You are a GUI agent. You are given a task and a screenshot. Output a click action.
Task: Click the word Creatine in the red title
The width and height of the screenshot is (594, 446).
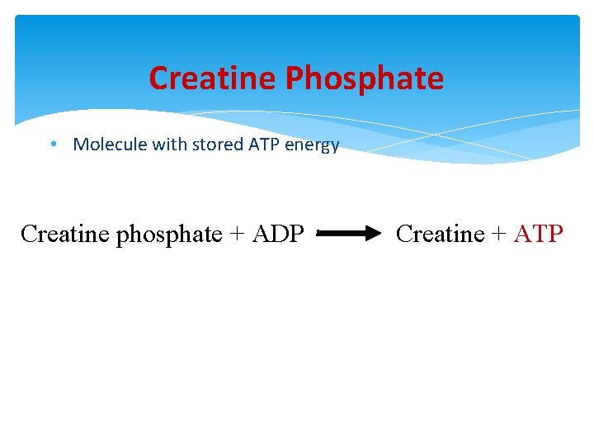pos(214,78)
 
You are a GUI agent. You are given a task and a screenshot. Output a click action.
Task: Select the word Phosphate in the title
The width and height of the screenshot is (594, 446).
pos(365,78)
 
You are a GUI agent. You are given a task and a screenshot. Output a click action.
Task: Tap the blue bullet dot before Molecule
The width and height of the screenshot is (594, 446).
pos(52,144)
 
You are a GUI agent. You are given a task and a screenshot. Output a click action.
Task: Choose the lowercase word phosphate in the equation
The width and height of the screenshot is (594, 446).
pos(169,235)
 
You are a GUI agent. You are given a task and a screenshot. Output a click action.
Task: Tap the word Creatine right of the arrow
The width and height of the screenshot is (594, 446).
pos(440,235)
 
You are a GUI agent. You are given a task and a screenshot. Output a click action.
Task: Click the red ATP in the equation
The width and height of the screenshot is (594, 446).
pos(538,235)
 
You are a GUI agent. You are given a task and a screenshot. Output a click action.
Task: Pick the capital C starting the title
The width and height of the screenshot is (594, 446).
pos(158,78)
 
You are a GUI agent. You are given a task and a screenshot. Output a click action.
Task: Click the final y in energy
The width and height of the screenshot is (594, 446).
pos(334,146)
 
